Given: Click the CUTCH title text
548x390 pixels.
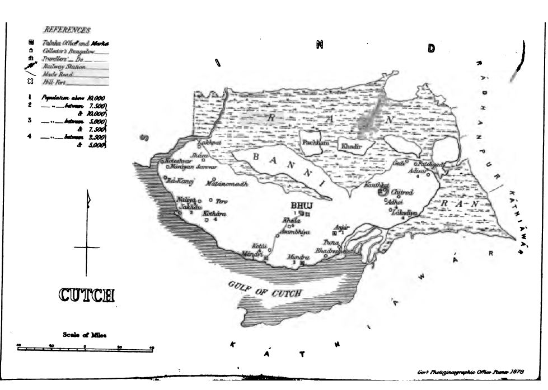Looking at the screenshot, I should click(86, 294).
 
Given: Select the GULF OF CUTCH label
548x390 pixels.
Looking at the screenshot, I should click(265, 289).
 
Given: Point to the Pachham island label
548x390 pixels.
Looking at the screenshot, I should click(315, 142).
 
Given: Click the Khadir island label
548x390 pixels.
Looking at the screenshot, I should click(349, 146).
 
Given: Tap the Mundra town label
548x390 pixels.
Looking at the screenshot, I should click(298, 257).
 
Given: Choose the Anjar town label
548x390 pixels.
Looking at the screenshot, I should click(341, 227).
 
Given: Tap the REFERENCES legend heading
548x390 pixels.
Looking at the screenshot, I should click(67, 30).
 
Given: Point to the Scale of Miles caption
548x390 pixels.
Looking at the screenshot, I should click(85, 335).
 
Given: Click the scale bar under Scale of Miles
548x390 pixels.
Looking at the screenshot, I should click(85, 348).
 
